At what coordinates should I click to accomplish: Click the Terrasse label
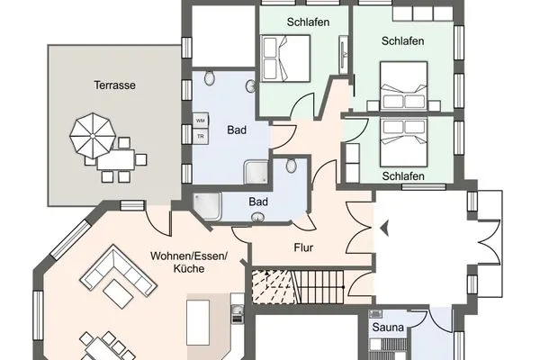click(114, 85)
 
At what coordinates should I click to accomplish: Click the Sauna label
click(387, 328)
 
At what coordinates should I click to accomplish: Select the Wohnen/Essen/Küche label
click(189, 262)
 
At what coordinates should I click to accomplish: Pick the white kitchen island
click(198, 319)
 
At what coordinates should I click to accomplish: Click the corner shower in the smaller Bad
click(207, 205)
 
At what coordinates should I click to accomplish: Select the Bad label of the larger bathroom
click(237, 130)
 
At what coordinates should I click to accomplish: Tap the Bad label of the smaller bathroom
click(258, 202)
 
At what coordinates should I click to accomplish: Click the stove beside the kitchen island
click(237, 315)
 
